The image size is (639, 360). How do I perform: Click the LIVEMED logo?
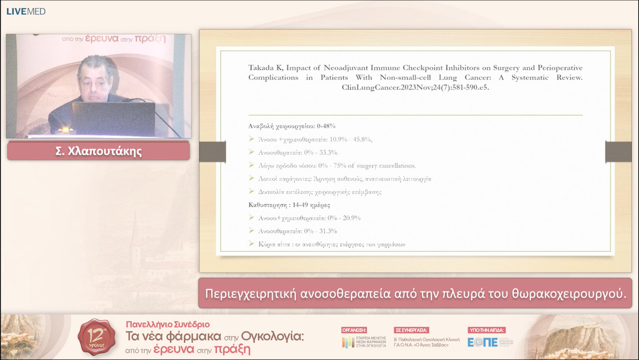[26, 11]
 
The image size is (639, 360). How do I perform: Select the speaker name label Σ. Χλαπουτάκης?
[98, 151]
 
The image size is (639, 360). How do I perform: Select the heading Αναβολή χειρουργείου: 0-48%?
[292, 126]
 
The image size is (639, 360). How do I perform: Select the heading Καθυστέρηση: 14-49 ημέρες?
[289, 205]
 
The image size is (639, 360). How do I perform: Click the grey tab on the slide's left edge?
[212, 152]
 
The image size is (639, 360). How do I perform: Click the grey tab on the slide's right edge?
[618, 152]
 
